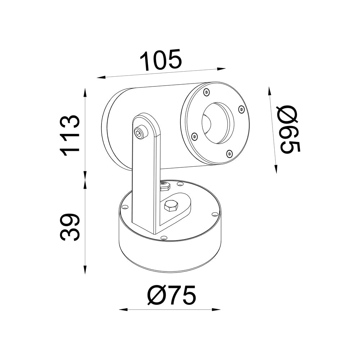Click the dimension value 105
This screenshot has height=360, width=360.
tap(161, 60)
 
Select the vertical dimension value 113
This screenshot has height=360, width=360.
tap(69, 135)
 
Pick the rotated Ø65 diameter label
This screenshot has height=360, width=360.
tap(289, 130)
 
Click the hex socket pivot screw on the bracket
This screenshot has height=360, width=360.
tap(140, 132)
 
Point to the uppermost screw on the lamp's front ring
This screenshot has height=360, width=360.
tap(206, 92)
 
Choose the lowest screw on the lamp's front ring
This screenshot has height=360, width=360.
tap(229, 154)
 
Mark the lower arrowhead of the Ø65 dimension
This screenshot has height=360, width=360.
tap(276, 169)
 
